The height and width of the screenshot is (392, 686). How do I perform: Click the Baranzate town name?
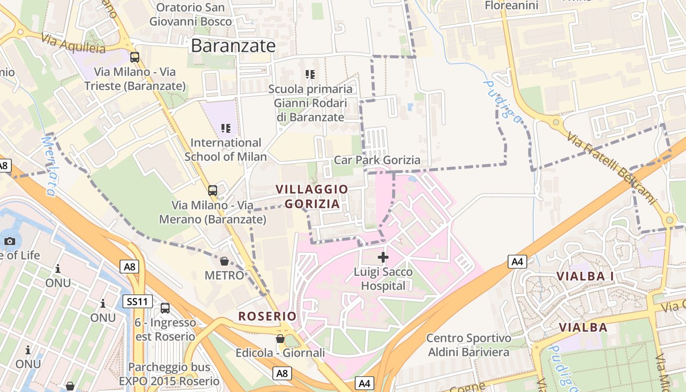[233, 46]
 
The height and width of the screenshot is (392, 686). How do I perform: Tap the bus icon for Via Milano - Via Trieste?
[135, 57]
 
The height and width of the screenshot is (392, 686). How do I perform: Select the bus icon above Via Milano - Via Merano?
[213, 191]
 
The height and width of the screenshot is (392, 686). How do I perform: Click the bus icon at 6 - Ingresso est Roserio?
[165, 308]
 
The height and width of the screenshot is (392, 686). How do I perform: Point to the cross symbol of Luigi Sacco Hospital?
[383, 257]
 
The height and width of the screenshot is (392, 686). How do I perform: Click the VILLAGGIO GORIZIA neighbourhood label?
[312, 196]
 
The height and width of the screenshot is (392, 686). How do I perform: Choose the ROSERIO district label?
[268, 317]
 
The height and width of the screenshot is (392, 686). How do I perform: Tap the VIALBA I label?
[585, 276]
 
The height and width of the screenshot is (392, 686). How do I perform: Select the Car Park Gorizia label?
[377, 160]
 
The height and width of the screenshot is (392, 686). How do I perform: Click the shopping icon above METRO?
[224, 261]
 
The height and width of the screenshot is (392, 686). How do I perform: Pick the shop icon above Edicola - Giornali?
[280, 339]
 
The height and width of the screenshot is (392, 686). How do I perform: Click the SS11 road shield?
[137, 301]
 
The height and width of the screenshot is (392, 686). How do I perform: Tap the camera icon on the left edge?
[9, 241]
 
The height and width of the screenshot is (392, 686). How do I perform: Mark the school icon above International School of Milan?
[226, 128]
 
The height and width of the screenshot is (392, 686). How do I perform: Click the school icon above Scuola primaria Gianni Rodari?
[310, 74]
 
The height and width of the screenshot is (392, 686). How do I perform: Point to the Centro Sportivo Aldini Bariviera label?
[469, 345]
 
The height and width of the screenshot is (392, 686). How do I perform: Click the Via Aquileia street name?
[73, 43]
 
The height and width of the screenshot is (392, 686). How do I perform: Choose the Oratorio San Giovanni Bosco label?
[191, 14]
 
